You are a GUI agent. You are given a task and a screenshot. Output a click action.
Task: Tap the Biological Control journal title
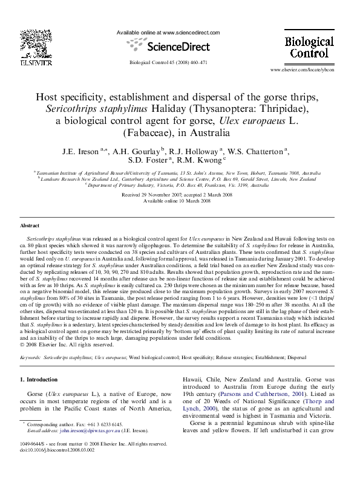point(309,47)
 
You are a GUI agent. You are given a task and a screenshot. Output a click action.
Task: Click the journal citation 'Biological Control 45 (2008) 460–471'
point(168,62)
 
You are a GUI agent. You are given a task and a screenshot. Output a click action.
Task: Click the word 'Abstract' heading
point(30,225)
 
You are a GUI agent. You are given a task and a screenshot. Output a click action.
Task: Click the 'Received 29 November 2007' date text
point(152,195)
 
